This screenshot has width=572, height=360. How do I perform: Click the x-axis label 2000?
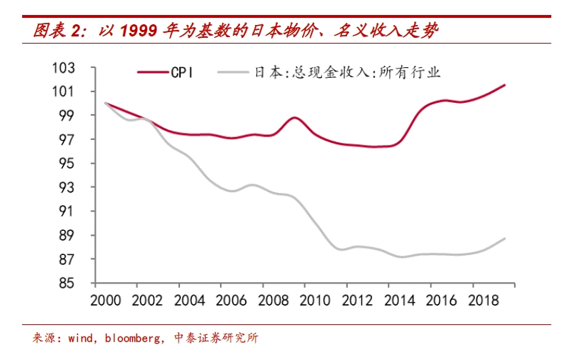(106, 299)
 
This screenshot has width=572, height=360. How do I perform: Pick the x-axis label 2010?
(306, 299)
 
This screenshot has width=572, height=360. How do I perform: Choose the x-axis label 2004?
(186, 299)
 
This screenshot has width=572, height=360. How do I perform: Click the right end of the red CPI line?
(505, 85)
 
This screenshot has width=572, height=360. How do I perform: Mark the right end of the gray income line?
(505, 239)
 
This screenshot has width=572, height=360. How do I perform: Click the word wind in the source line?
(81, 337)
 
